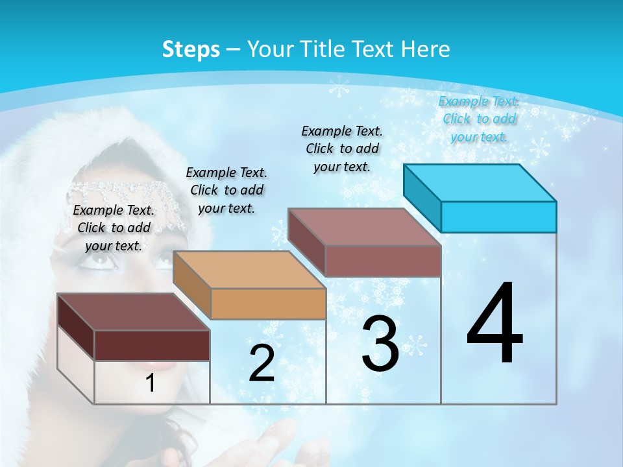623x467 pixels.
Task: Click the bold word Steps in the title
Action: coord(191,49)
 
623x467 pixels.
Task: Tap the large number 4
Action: coord(495,324)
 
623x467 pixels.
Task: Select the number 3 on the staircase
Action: coord(380,344)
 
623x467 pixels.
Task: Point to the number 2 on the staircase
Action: coord(262,363)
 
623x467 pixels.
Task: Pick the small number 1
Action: coord(150,383)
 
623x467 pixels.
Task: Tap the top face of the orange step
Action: coord(249,269)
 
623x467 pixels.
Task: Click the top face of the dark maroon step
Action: coord(134,312)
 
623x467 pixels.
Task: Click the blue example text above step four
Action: coord(479,119)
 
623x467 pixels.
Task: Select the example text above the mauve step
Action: coord(342,149)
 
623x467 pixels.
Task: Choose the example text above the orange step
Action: coord(226,190)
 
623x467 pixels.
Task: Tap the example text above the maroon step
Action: coord(114,228)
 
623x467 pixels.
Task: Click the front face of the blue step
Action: coord(498,217)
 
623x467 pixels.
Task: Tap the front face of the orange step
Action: coord(268,304)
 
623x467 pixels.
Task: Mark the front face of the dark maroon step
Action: coord(152,345)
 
